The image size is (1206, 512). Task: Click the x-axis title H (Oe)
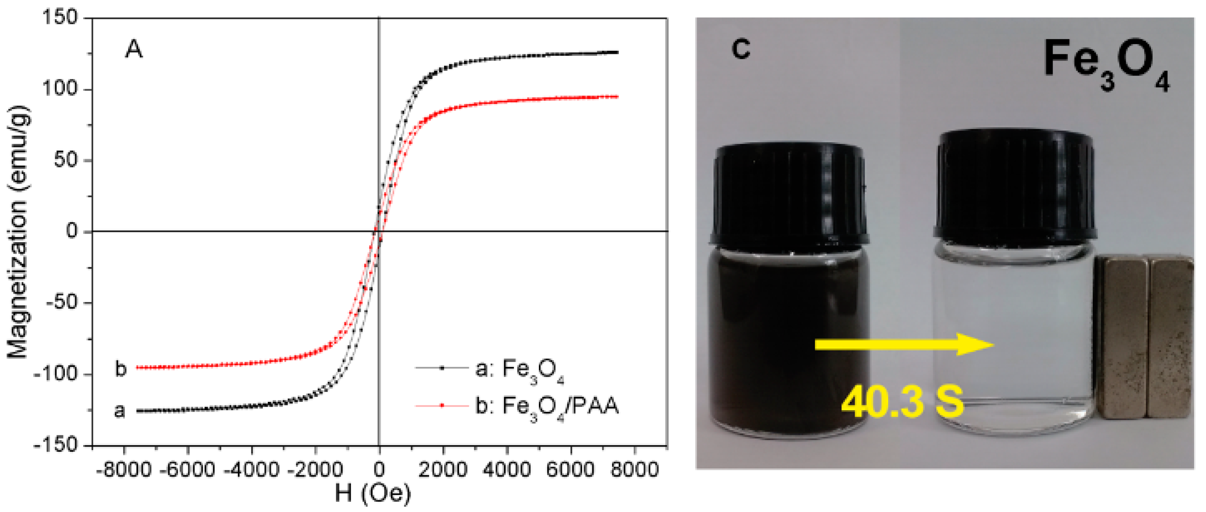tap(372, 493)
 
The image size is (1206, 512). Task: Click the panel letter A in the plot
tap(134, 49)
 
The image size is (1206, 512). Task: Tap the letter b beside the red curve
tap(121, 369)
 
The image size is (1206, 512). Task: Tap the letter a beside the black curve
tap(120, 411)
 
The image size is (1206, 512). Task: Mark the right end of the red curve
tap(617, 97)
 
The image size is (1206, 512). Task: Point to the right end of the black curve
tap(617, 52)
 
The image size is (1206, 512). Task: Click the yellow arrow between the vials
tap(904, 344)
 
